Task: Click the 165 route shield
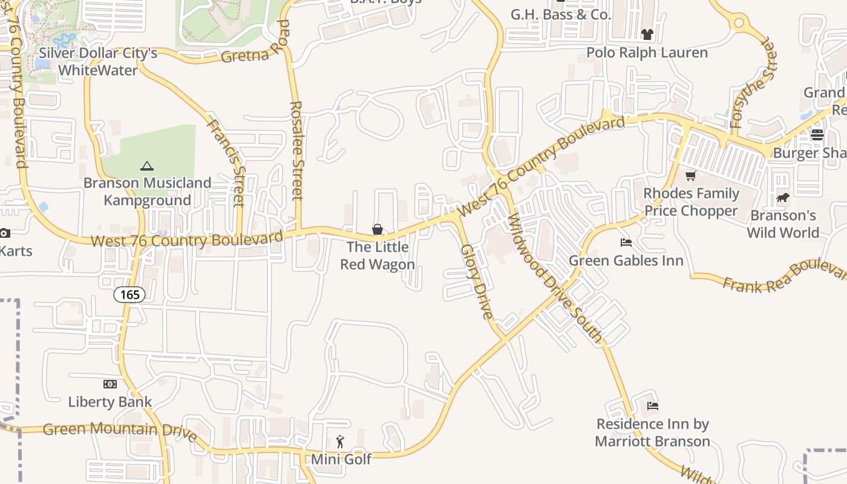(129, 295)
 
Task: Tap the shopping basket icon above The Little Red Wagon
(378, 229)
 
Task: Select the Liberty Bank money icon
(110, 384)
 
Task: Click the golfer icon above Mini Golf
(340, 442)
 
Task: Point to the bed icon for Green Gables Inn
(626, 243)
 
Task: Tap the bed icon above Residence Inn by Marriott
(653, 406)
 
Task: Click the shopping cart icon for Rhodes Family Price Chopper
(690, 176)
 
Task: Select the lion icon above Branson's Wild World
(783, 198)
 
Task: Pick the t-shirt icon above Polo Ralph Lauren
(647, 34)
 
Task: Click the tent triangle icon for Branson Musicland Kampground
(146, 166)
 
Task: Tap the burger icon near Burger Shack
(817, 135)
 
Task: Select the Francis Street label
(226, 162)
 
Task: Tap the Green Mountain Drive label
(120, 430)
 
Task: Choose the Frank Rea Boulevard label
(784, 276)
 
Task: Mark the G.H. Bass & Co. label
(561, 15)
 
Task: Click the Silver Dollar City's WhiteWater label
(98, 62)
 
